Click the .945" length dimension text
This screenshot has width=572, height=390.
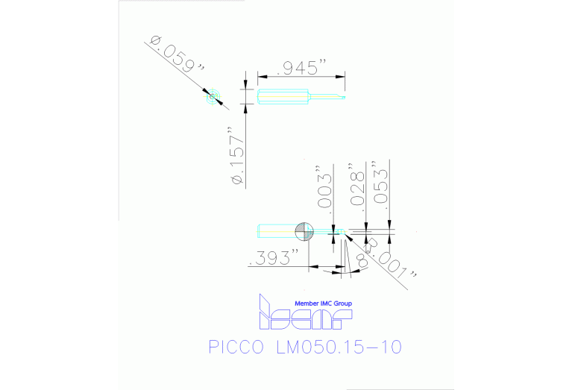tap(302, 67)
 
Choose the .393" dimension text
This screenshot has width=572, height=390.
tap(276, 257)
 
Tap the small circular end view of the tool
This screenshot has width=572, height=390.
tap(213, 95)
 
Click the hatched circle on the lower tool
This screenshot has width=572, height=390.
tap(305, 231)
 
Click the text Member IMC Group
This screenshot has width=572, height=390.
tap(323, 303)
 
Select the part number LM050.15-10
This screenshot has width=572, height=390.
tap(339, 347)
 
